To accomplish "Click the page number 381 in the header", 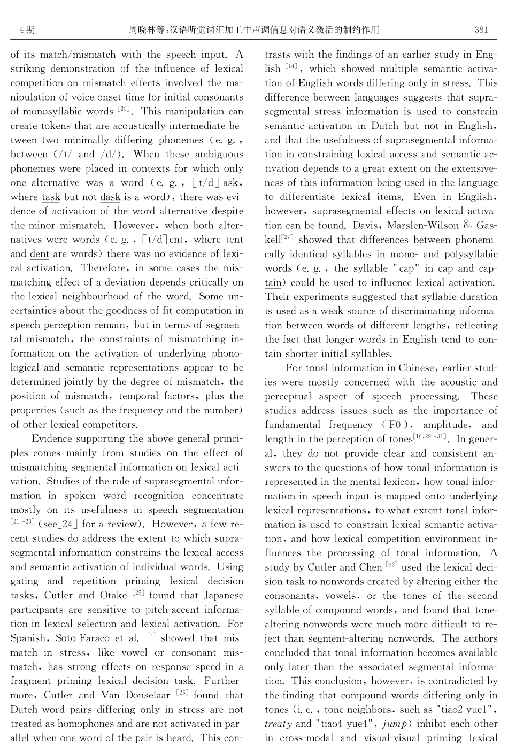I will (x=481, y=30).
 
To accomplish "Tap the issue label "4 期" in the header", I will (x=27, y=30).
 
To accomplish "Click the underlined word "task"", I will (x=51, y=197).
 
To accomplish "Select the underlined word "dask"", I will (x=110, y=197).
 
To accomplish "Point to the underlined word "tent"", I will (x=234, y=240).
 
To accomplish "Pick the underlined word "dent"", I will (x=39, y=254).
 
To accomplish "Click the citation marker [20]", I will (x=124, y=110).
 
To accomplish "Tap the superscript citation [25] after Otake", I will (x=138, y=593).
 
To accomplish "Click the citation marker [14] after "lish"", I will (x=291, y=67).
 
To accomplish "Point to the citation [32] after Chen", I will (x=391, y=565).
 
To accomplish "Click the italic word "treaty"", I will (x=279, y=724).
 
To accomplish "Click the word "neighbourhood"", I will (x=109, y=296).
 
